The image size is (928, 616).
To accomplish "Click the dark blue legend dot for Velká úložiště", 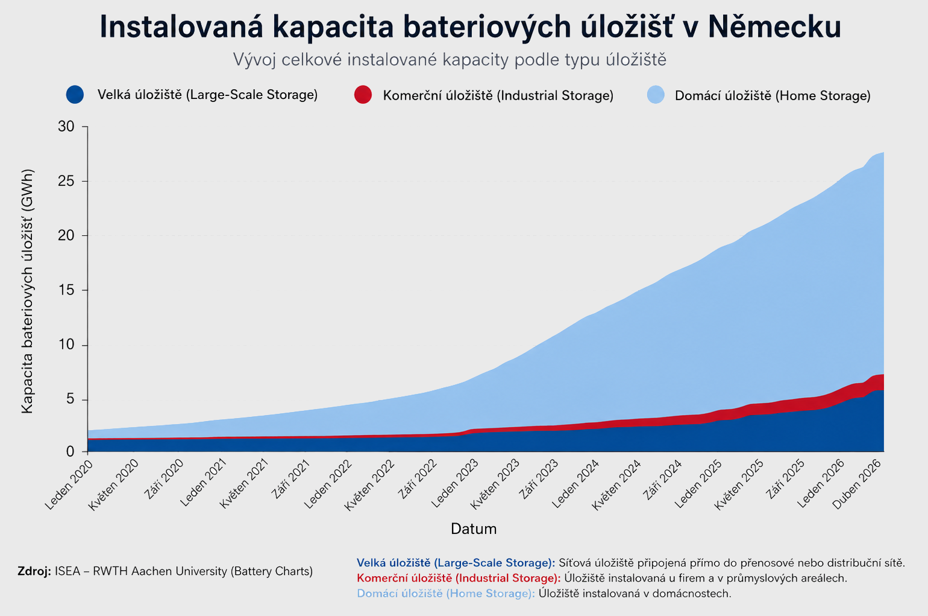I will click(x=75, y=95).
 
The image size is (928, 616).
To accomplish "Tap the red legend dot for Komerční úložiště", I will click(x=363, y=95).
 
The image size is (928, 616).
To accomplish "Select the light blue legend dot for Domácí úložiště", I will click(x=656, y=95).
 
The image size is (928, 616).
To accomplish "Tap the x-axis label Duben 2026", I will click(x=856, y=484).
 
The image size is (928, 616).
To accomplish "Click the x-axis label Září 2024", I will click(x=662, y=480).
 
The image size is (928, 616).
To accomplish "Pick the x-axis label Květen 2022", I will click(x=369, y=484).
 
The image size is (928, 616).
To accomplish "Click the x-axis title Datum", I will click(x=474, y=529).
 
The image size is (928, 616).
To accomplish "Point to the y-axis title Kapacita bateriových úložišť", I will click(x=27, y=291).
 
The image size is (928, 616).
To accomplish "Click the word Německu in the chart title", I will click(x=774, y=27).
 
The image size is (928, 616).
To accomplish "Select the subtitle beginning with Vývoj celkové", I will click(x=450, y=60).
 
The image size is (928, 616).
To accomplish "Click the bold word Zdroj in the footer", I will click(x=34, y=571).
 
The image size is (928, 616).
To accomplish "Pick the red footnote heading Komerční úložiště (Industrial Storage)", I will click(x=459, y=579).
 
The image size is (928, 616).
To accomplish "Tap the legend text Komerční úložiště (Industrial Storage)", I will click(x=498, y=95).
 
